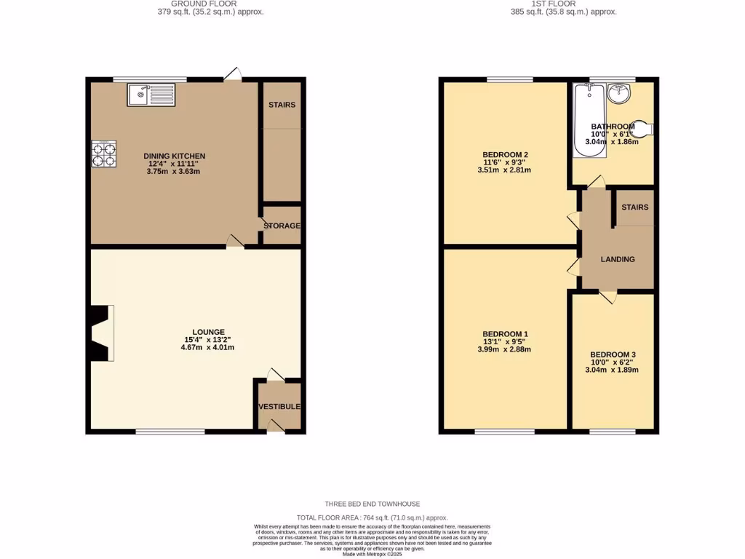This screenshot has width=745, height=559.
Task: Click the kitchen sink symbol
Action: click(151, 94)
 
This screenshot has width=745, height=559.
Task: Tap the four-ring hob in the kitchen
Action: click(103, 154)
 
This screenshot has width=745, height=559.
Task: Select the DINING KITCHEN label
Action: click(175, 156)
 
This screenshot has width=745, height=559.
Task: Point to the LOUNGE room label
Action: click(209, 332)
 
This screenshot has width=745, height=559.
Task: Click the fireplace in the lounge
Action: click(101, 333)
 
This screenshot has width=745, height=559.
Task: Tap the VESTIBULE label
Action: click(279, 406)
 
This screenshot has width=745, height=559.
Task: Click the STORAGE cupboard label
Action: click(282, 226)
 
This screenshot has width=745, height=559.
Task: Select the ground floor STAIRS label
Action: click(282, 105)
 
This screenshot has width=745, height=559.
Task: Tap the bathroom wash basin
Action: click(621, 92)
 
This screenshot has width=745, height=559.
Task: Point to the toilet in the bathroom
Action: click(642, 128)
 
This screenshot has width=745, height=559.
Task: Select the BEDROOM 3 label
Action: click(612, 354)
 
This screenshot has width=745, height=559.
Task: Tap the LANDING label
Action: click(617, 259)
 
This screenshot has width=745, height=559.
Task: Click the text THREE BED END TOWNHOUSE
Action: click(372, 504)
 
